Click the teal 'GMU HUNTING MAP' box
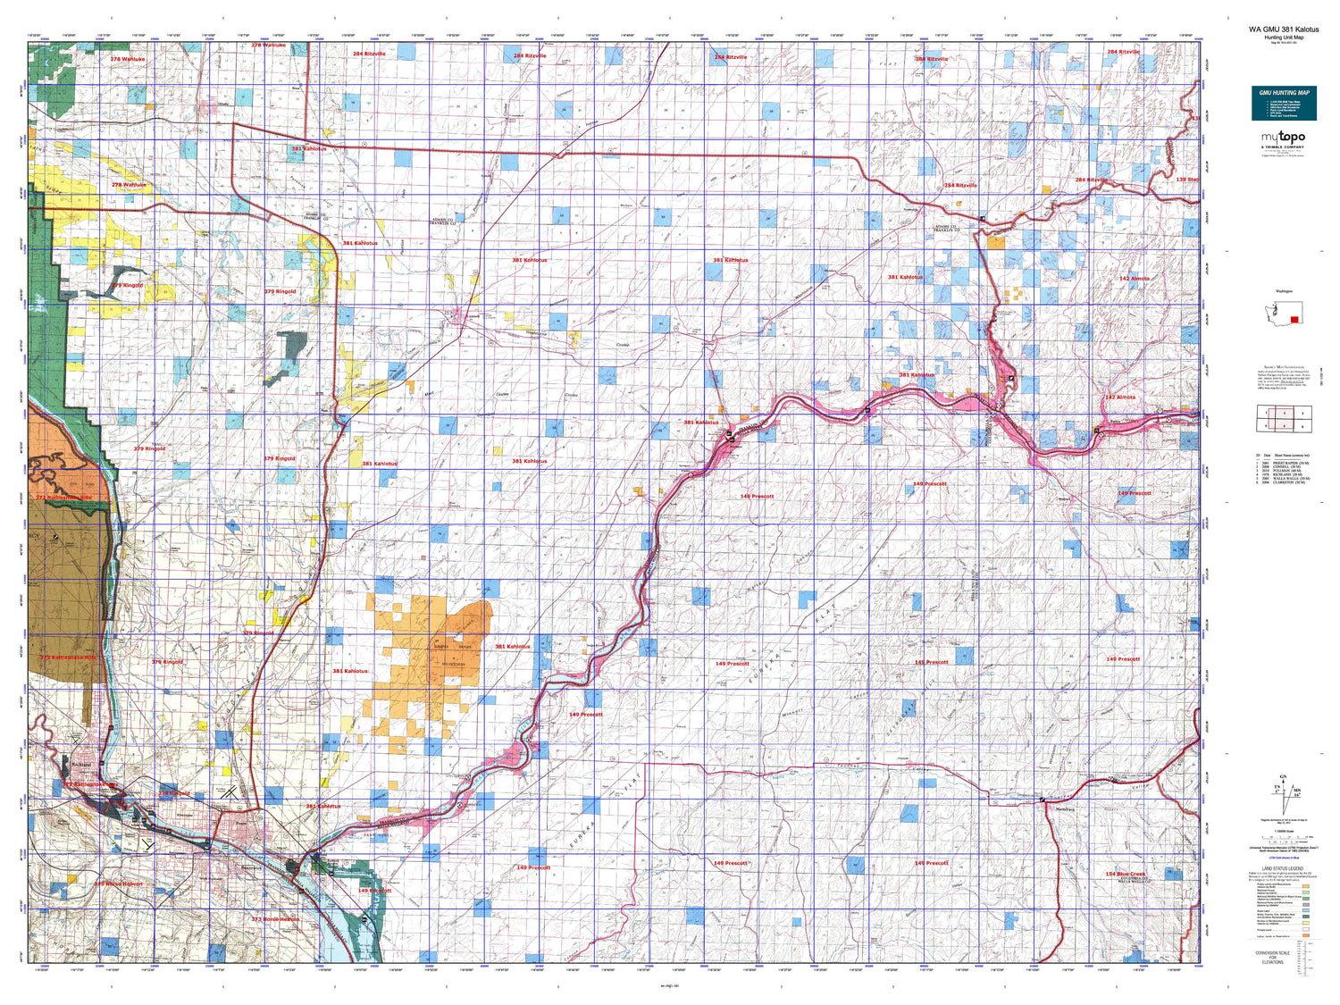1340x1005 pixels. [1284, 103]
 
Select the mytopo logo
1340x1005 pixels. [1283, 137]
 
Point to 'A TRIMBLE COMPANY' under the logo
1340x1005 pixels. [1283, 147]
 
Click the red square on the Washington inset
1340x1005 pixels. [1294, 320]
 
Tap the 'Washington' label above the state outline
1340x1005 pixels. [1283, 291]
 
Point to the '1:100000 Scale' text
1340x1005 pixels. [1284, 830]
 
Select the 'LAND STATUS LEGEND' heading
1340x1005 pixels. [1283, 868]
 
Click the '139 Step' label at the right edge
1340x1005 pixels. [1187, 180]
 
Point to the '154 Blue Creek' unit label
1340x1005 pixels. [1124, 874]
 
